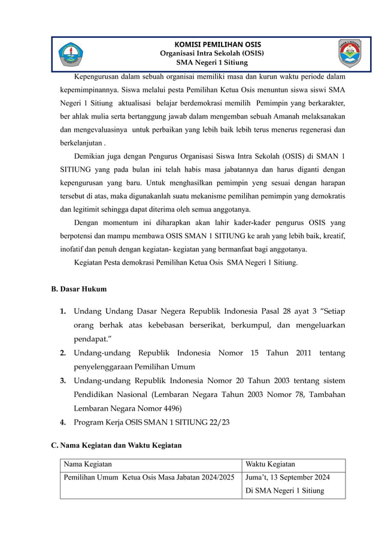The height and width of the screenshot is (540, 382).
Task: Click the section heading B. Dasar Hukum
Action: pyautogui.click(x=79, y=289)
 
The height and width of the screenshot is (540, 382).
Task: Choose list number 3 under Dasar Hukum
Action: pyautogui.click(x=63, y=381)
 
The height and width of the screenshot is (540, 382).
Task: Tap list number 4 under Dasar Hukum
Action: pyautogui.click(x=63, y=423)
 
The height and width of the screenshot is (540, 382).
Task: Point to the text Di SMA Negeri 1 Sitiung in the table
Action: pyautogui.click(x=285, y=491)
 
